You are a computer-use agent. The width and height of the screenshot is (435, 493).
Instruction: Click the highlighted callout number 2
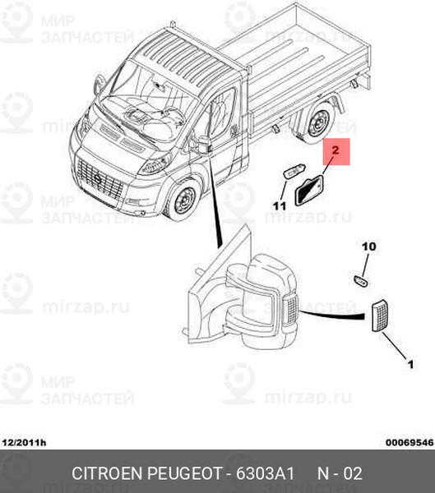point(336,150)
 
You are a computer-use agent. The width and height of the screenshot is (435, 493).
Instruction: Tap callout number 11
point(280,206)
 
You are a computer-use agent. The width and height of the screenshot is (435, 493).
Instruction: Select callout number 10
point(369,246)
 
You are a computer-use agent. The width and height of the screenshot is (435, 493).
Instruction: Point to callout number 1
point(411,364)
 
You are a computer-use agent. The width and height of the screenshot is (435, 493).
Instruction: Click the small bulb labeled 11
point(294,173)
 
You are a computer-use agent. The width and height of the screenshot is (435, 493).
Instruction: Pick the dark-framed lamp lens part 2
point(310,191)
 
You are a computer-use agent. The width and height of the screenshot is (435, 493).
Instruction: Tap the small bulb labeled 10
point(361,280)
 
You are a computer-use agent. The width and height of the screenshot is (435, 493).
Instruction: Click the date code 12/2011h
point(24,443)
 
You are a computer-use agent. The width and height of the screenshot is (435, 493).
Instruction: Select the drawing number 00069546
point(410,443)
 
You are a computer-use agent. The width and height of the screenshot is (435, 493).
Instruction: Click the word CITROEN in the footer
point(108,473)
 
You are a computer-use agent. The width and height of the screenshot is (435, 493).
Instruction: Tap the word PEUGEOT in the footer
point(184,473)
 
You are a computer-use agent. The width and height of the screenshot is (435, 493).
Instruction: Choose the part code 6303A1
point(266,473)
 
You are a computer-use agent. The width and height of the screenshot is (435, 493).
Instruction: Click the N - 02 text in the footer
point(340,473)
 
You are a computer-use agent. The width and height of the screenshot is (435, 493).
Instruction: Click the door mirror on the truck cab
point(201,145)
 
